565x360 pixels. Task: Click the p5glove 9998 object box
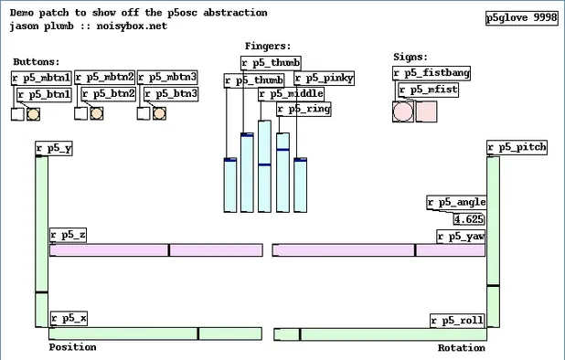click(x=522, y=18)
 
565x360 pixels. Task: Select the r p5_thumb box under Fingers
click(x=271, y=63)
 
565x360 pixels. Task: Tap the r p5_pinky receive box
click(x=325, y=79)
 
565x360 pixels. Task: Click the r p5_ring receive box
click(x=303, y=109)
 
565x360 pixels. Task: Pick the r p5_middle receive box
click(x=290, y=94)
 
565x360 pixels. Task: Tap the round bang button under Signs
click(x=402, y=112)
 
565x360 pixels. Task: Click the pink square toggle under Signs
click(x=426, y=112)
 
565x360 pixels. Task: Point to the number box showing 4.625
click(x=470, y=219)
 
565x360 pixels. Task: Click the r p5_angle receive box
click(x=457, y=203)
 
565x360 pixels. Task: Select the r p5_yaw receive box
click(x=461, y=237)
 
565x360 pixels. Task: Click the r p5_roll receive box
click(x=457, y=321)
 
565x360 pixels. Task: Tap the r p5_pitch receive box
click(x=517, y=148)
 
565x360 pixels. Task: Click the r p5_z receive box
click(x=69, y=236)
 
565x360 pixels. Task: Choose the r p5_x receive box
click(x=69, y=318)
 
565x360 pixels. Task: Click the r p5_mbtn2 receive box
click(x=104, y=79)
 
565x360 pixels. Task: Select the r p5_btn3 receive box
click(x=172, y=93)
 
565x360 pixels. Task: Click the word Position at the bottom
click(x=72, y=347)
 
